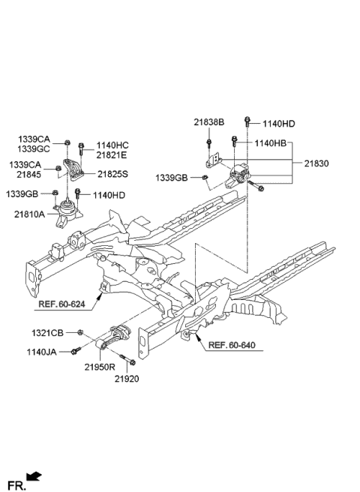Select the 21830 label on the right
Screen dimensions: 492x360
pyautogui.click(x=317, y=163)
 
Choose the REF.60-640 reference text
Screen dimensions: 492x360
pyautogui.click(x=232, y=345)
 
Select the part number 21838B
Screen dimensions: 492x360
pyautogui.click(x=208, y=122)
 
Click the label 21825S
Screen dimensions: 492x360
pyautogui.click(x=112, y=174)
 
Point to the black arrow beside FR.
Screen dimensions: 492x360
pyautogui.click(x=34, y=475)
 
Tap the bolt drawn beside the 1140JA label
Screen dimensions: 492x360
pyautogui.click(x=76, y=349)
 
